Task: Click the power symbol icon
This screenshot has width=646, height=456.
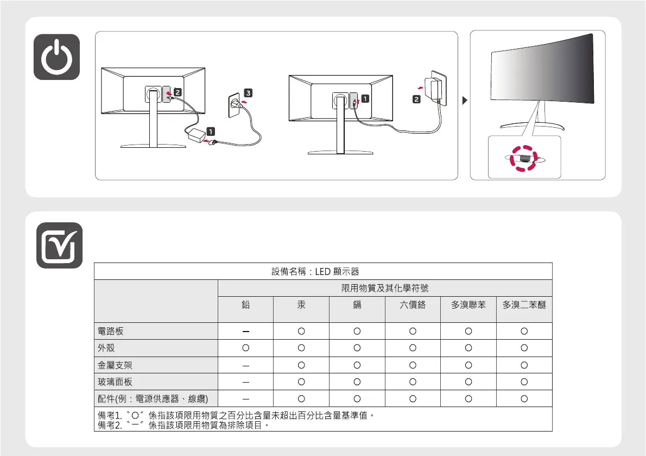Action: click(x=56, y=57)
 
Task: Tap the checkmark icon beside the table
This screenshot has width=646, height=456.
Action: click(x=60, y=246)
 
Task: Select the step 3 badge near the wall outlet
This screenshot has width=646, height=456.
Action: click(x=248, y=93)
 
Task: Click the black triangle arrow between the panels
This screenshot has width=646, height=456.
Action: click(x=463, y=101)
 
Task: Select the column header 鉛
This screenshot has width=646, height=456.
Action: click(x=245, y=305)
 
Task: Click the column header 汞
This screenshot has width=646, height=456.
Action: click(x=301, y=305)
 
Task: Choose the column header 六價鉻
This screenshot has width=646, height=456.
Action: click(x=413, y=305)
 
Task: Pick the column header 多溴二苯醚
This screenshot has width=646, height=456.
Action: click(x=524, y=305)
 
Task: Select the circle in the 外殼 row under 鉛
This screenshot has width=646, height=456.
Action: click(x=245, y=347)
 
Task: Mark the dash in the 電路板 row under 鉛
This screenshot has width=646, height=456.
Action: click(x=245, y=330)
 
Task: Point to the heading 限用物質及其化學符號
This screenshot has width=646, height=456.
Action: click(x=385, y=288)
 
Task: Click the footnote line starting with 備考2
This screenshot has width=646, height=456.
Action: click(x=182, y=425)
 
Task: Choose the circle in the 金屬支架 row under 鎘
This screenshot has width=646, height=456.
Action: click(x=357, y=365)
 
